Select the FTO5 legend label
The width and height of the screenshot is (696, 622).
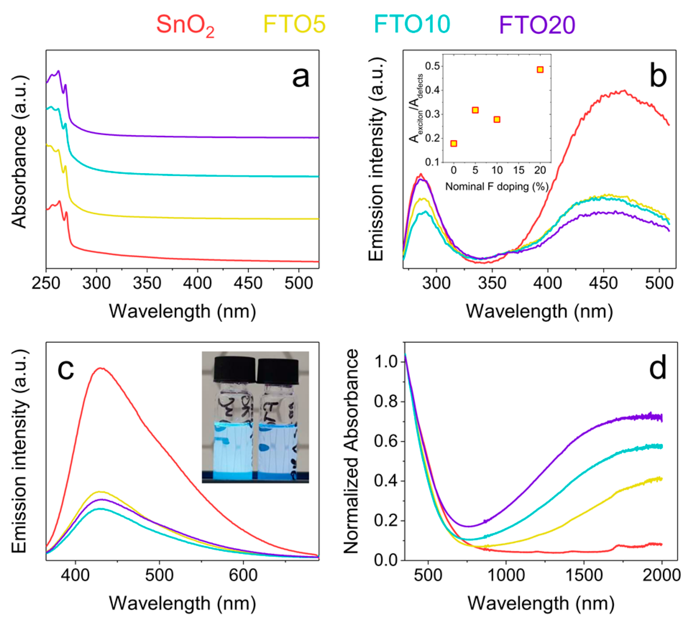point(294,24)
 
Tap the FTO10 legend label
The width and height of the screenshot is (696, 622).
point(412,24)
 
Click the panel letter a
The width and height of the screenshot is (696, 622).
point(300,77)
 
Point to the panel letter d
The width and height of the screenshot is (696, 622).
point(658,369)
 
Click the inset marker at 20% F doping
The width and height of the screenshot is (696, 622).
point(540,70)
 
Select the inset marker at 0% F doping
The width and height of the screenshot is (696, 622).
point(454,144)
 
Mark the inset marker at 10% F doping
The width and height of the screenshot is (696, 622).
point(497,120)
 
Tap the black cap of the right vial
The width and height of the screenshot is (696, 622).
point(278,371)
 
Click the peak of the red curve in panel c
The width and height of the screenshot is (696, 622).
point(101,368)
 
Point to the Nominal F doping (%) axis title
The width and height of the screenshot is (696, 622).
point(497,186)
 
